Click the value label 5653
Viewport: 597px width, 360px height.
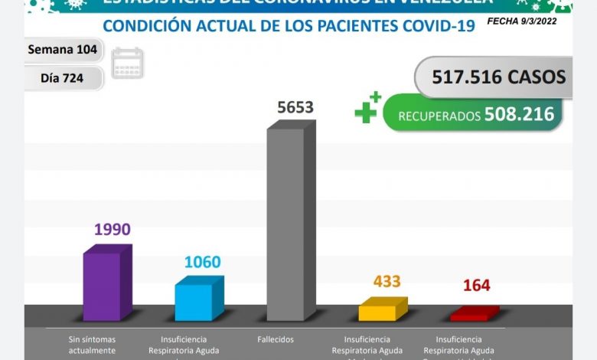(x=295, y=108)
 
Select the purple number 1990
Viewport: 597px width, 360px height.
(x=112, y=229)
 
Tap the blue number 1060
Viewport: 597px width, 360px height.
(x=204, y=262)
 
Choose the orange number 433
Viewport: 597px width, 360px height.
(x=387, y=282)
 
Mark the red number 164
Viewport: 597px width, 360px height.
(x=476, y=286)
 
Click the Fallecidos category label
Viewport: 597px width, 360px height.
(x=276, y=339)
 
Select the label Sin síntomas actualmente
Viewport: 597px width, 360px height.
(x=92, y=345)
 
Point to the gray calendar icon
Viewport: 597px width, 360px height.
(x=127, y=64)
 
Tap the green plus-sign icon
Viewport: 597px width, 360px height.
(x=367, y=109)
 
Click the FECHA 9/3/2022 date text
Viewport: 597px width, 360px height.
(x=521, y=21)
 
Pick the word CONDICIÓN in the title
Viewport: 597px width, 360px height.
(x=148, y=27)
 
